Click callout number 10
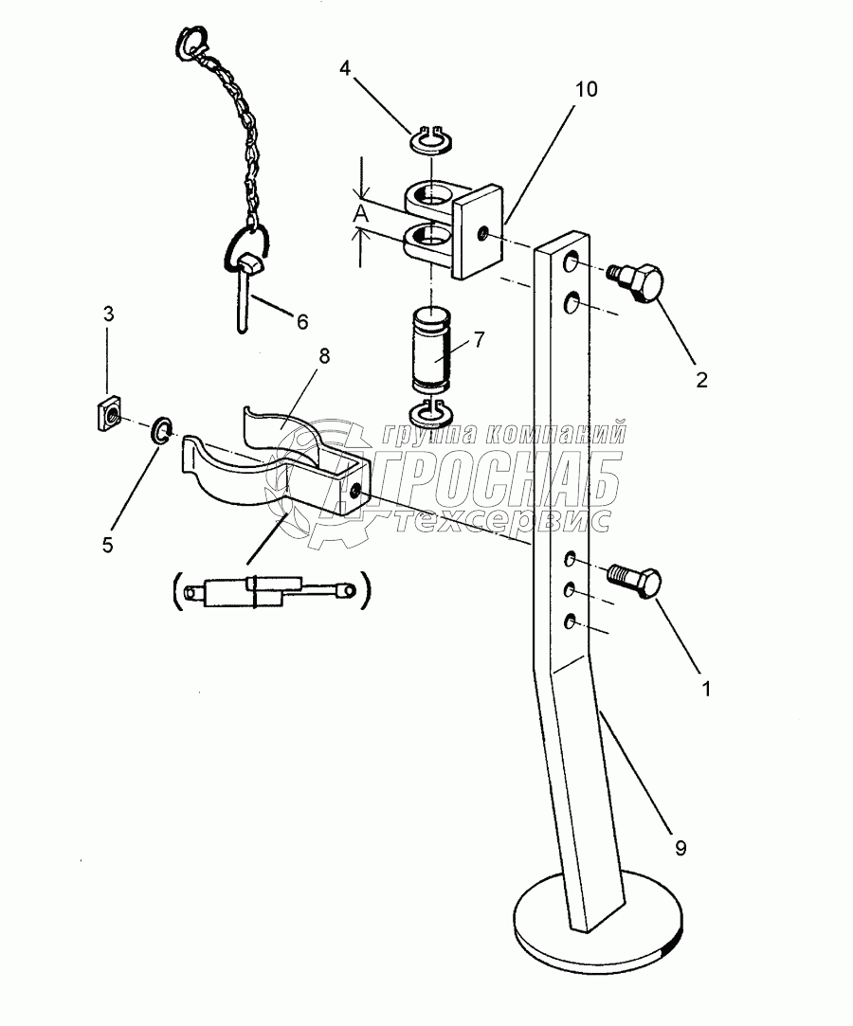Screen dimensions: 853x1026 (586, 89)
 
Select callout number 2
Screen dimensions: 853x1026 (701, 380)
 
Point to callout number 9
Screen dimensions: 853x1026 (681, 848)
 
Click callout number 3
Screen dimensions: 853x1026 (108, 315)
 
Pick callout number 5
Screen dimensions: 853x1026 (108, 545)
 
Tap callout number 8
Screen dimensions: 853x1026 (323, 356)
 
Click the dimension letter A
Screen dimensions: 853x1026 (361, 213)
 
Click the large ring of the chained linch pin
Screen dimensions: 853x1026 (247, 247)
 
